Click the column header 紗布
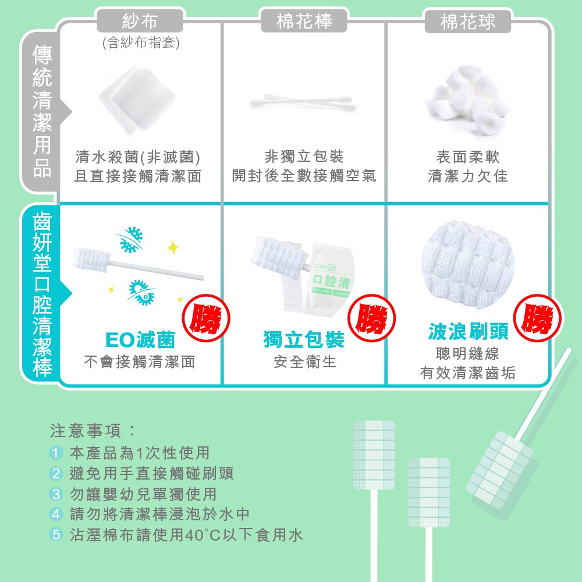click(140, 22)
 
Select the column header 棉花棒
click(304, 22)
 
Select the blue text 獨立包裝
click(304, 339)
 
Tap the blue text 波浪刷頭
click(468, 331)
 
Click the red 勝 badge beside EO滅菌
click(207, 318)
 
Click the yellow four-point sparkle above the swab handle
click(172, 248)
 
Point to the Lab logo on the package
click(322, 268)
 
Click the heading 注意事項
click(93, 431)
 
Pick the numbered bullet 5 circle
click(56, 535)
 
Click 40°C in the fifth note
click(201, 535)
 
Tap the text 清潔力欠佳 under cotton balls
click(468, 176)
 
